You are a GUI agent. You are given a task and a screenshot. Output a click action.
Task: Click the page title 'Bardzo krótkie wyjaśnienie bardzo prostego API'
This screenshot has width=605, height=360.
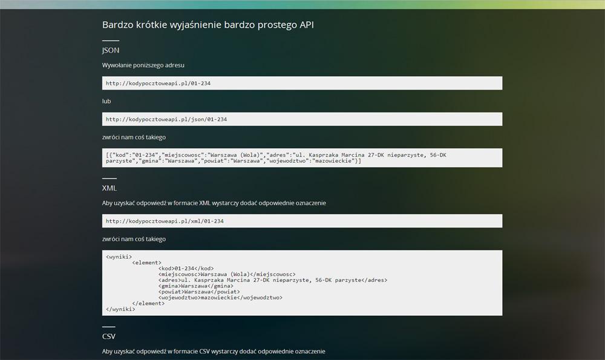[x=208, y=25]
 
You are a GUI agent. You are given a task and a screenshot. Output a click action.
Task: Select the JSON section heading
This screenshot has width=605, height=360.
[x=111, y=51]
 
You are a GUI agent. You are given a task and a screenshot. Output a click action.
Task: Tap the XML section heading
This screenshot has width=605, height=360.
[x=109, y=188]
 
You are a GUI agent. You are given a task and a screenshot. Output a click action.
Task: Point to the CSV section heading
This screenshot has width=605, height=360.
[x=109, y=336]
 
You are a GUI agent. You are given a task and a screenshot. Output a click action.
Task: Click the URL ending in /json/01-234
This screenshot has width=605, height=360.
[x=166, y=119]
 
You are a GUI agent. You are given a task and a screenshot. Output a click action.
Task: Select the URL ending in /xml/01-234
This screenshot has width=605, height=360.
[x=165, y=221]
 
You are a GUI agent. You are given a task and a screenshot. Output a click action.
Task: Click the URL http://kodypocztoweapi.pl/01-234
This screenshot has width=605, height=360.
[x=158, y=83]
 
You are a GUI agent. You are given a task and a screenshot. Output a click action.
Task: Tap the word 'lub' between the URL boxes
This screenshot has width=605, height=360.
[x=106, y=101]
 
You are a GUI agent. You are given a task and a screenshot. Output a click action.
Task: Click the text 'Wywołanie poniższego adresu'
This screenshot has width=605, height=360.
[x=143, y=65]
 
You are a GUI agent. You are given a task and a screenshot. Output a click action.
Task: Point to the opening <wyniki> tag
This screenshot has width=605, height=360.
[x=119, y=257]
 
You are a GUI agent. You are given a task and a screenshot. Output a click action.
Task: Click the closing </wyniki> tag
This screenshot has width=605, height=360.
[x=120, y=309]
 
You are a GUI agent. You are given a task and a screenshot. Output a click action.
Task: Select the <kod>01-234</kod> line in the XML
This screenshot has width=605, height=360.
[x=186, y=269]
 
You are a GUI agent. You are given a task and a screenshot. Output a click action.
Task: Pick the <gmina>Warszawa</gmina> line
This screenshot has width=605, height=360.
[x=195, y=286]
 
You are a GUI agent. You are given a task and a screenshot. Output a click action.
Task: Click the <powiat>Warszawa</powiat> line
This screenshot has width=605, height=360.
[x=199, y=292]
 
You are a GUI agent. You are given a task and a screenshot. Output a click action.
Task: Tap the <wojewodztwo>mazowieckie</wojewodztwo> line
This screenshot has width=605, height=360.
[x=220, y=298]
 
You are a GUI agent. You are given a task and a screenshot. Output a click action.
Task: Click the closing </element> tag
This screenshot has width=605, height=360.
[x=148, y=303]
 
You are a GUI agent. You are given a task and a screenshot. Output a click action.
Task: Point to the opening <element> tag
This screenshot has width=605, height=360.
[x=146, y=263]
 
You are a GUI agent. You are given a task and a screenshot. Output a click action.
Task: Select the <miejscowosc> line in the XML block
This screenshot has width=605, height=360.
[x=227, y=274]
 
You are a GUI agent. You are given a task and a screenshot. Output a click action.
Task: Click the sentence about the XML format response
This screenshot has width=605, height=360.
[x=214, y=203]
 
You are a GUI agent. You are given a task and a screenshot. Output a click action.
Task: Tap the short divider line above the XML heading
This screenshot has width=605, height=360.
[x=109, y=178]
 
